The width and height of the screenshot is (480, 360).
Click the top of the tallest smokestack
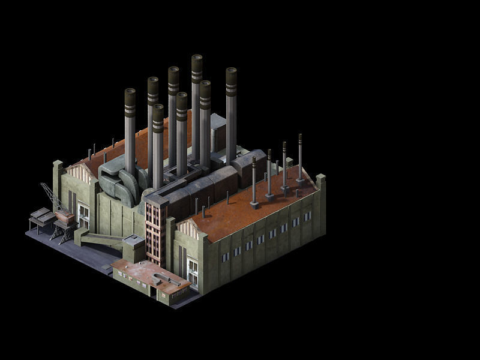[x=197, y=58]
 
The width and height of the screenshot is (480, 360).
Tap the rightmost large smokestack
[x=231, y=114]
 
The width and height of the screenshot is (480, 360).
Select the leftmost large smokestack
[x=130, y=129]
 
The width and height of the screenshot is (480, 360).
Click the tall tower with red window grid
[x=155, y=231]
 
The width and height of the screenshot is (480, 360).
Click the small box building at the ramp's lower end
[x=133, y=247]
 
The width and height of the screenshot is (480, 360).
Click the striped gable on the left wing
[x=77, y=175]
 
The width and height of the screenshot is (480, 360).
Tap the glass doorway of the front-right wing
[x=193, y=272]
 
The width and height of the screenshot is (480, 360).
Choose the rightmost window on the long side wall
[x=307, y=215]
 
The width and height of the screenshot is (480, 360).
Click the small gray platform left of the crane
[x=40, y=215]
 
